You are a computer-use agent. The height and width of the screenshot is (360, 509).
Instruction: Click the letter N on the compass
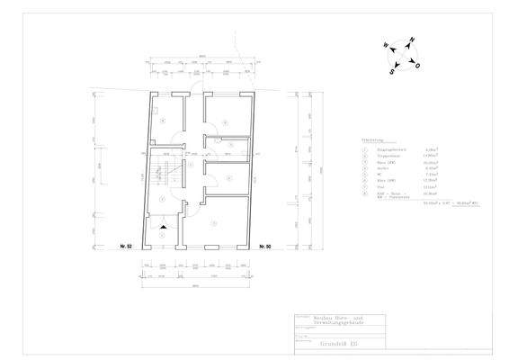click(409, 41)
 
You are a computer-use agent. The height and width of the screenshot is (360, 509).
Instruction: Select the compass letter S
click(392, 69)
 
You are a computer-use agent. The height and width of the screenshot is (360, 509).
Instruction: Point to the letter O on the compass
click(416, 65)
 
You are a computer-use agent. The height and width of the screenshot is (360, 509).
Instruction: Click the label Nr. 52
click(126, 246)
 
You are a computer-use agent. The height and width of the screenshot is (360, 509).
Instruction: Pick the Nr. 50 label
click(264, 246)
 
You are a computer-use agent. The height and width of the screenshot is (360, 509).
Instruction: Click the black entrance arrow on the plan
click(163, 229)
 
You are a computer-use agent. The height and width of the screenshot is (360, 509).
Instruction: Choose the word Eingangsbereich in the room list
click(386, 149)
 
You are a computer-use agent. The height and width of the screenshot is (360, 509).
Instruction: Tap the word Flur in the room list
click(377, 187)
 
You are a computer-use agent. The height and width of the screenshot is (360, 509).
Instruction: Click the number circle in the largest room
click(213, 222)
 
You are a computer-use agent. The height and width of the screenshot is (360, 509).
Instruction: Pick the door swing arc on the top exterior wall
click(197, 87)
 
